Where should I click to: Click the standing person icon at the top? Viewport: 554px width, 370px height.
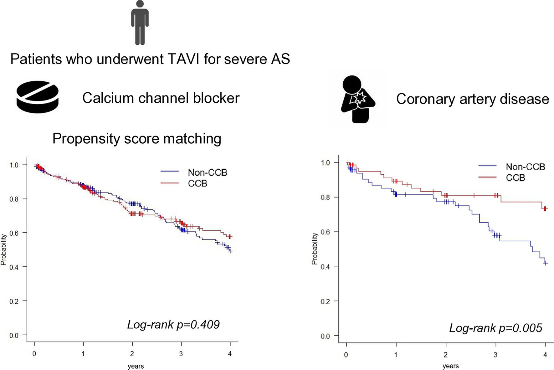coord(140,23)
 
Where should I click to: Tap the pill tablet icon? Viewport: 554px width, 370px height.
coord(38,97)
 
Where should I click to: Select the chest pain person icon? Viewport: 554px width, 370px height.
coord(357,99)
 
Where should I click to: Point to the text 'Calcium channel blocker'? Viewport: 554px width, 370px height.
coord(161,98)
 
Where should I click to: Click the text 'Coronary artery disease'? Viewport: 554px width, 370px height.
coord(472,99)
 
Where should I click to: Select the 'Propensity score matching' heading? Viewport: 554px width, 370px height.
coord(137,138)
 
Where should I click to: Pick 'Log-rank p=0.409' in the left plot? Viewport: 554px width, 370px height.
coord(173,325)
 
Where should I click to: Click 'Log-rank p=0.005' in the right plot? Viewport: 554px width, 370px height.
coord(495,328)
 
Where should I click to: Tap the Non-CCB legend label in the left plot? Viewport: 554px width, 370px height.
coord(208,172)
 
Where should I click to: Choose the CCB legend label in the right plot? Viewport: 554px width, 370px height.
coord(515,178)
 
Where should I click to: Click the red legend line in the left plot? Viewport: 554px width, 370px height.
coord(170,183)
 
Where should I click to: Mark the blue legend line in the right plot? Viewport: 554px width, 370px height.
coord(487,166)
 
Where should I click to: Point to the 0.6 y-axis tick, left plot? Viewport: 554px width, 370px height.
coord(14,233)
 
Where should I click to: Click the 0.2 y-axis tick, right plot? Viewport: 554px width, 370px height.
coord(325,301)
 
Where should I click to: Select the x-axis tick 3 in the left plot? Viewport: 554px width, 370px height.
coord(181,354)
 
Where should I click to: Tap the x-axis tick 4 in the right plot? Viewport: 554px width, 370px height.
coord(545,355)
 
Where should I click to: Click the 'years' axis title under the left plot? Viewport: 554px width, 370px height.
coord(136,366)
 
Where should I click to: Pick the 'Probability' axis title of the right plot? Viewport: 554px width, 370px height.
coord(315,249)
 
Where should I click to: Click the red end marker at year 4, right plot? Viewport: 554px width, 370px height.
coord(545,209)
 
